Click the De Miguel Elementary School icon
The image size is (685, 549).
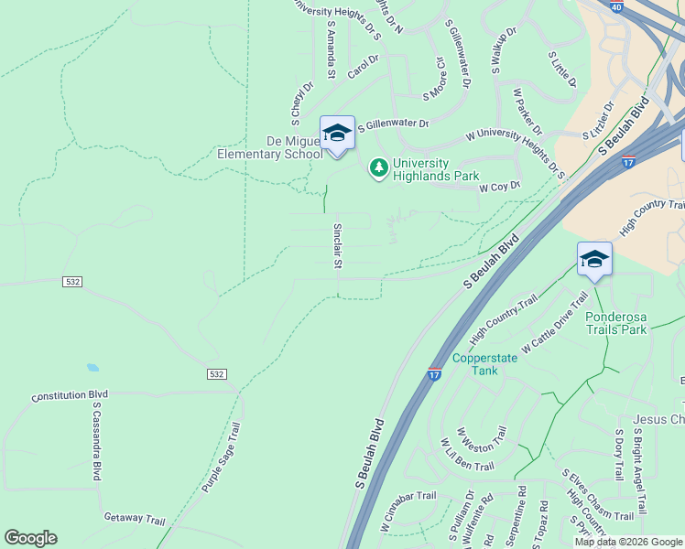pyautogui.click(x=337, y=134)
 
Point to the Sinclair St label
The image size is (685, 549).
pyautogui.click(x=337, y=245)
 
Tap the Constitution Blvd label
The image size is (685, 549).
pyautogui.click(x=70, y=396)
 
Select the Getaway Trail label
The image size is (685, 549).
pyautogui.click(x=135, y=519)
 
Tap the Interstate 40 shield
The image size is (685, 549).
pyautogui.click(x=616, y=7)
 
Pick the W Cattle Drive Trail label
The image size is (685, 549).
pyautogui.click(x=555, y=324)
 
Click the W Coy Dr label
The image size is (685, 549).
pyautogui.click(x=499, y=187)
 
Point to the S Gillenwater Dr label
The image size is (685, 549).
pyautogui.click(x=393, y=124)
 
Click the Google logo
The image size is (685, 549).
pyautogui.click(x=30, y=538)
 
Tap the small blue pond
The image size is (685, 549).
pyautogui.click(x=92, y=368)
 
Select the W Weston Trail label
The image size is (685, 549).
pyautogui.click(x=481, y=445)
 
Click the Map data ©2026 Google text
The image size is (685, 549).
pyautogui.click(x=628, y=542)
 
